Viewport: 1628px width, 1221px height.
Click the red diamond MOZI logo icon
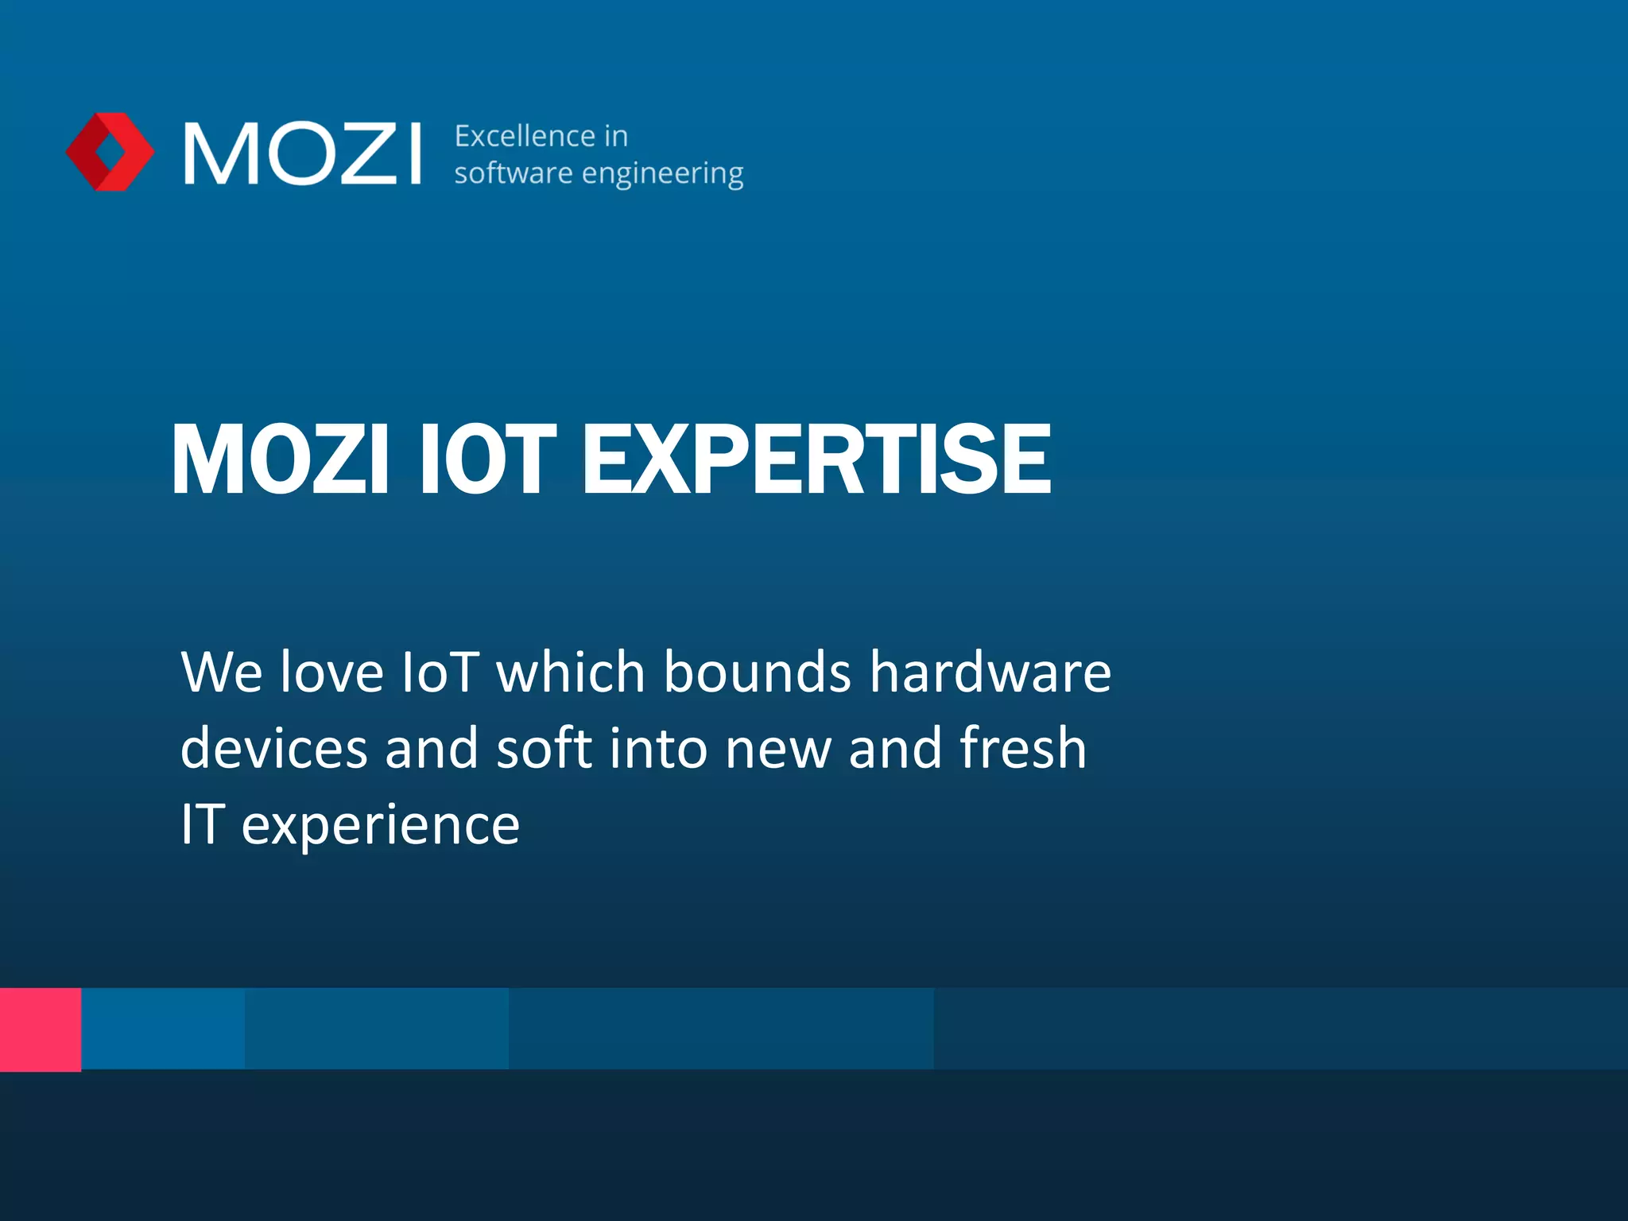coord(109,151)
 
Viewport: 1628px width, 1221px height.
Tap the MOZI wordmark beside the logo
coord(302,153)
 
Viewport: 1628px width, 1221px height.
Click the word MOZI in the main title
coord(281,459)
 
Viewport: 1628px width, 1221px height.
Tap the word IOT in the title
coord(487,459)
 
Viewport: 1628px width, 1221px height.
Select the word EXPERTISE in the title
coord(817,459)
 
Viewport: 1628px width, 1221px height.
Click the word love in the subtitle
coord(331,673)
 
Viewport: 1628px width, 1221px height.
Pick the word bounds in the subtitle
coord(758,673)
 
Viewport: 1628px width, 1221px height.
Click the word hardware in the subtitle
coord(990,673)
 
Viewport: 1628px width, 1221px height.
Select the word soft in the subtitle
coord(544,749)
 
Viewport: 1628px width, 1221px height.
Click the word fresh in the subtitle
coord(1022,749)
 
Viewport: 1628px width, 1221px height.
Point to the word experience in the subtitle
coord(380,825)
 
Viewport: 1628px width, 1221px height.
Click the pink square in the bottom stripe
coord(41,1029)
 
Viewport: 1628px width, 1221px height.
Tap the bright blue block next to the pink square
coord(163,1029)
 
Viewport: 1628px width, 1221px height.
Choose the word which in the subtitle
coord(570,673)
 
